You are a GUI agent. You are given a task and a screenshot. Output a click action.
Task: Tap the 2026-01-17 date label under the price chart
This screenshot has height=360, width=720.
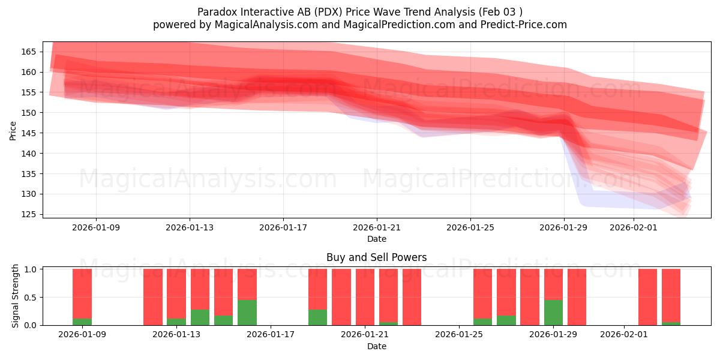click(283, 227)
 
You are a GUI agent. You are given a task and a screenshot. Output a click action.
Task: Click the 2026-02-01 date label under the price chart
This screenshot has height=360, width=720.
click(634, 227)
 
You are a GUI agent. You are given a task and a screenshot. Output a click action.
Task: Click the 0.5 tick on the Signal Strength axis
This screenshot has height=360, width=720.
click(30, 297)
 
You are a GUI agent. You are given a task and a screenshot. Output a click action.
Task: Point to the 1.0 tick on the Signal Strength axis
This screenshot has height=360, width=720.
click(30, 269)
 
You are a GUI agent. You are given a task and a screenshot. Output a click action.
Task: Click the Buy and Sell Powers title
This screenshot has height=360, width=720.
click(376, 257)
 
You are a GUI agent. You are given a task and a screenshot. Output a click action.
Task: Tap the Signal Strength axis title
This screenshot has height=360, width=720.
click(16, 296)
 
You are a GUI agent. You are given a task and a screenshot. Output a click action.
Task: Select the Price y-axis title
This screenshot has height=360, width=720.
click(13, 130)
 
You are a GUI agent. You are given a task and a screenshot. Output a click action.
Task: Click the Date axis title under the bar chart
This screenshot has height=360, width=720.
click(376, 346)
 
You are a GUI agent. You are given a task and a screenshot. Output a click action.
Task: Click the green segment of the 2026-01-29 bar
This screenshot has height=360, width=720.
click(553, 313)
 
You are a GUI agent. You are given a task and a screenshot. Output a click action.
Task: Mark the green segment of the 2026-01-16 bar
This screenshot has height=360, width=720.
click(247, 313)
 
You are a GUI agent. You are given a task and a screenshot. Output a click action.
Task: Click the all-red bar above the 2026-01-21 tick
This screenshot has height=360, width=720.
click(365, 297)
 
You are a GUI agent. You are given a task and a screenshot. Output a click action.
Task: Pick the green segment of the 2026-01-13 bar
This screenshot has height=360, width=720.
click(176, 322)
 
